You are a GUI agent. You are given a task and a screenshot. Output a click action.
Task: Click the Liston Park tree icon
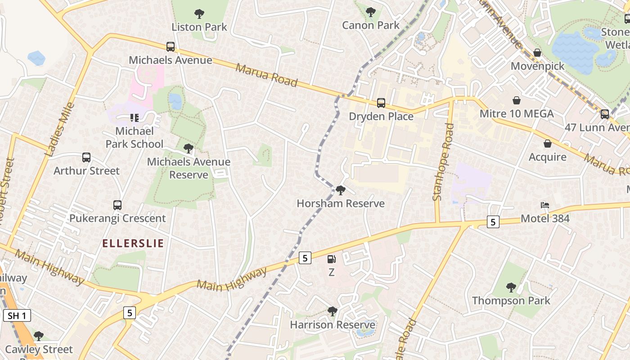pyautogui.click(x=199, y=14)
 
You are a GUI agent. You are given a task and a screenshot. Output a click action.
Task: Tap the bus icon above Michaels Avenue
pyautogui.click(x=171, y=46)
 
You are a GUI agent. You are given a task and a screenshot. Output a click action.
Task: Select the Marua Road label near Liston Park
pyautogui.click(x=266, y=75)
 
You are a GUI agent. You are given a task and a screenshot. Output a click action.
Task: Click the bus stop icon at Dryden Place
pyautogui.click(x=381, y=103)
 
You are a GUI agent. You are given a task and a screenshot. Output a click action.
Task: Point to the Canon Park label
pyautogui.click(x=371, y=25)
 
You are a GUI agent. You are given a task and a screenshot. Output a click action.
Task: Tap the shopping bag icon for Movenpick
pyautogui.click(x=537, y=53)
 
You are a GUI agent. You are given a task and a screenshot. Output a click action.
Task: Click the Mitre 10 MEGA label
pyautogui.click(x=517, y=114)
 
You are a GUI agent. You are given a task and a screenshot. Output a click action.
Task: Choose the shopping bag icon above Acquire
pyautogui.click(x=548, y=144)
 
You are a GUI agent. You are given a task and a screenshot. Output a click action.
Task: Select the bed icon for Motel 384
pyautogui.click(x=545, y=205)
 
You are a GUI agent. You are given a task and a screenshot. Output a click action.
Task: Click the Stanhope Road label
pyautogui.click(x=443, y=162)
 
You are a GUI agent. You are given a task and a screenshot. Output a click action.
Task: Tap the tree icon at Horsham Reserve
pyautogui.click(x=341, y=190)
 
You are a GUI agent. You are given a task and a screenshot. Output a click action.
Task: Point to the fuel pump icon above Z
pyautogui.click(x=332, y=259)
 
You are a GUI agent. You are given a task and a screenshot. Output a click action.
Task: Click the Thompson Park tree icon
pyautogui.click(x=511, y=287)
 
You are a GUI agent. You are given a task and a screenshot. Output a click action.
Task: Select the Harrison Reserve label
pyautogui.click(x=333, y=325)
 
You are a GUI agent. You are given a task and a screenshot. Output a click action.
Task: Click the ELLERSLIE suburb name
pyautogui.click(x=133, y=243)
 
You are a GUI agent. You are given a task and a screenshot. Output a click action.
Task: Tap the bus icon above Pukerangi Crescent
pyautogui.click(x=117, y=205)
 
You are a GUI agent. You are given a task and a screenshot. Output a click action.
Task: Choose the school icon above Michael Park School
pyautogui.click(x=134, y=118)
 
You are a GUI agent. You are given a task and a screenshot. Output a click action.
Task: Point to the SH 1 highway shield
pyautogui.click(x=17, y=315)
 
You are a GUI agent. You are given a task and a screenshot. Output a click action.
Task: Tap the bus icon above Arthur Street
pyautogui.click(x=86, y=157)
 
